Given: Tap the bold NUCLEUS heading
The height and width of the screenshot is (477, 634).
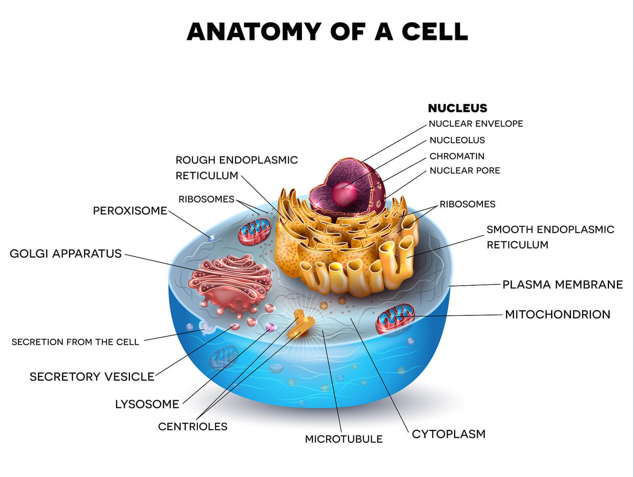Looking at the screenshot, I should [x=457, y=108].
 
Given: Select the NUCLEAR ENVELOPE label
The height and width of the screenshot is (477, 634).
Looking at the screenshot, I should [x=476, y=124].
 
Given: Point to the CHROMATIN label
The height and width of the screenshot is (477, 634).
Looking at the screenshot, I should [x=457, y=156].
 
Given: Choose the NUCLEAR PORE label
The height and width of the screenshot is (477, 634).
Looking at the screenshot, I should [x=465, y=170].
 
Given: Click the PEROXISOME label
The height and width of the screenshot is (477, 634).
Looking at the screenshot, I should [x=130, y=211].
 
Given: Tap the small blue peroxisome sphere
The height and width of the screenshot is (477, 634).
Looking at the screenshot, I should [x=212, y=238].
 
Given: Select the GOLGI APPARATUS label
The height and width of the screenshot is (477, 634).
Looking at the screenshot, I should [x=65, y=254].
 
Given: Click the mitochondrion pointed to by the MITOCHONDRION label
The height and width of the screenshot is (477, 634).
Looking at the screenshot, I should [x=395, y=318].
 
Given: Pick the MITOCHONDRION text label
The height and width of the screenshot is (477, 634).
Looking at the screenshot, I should [x=558, y=315].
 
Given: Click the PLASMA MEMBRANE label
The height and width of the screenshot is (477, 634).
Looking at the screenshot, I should [x=562, y=284].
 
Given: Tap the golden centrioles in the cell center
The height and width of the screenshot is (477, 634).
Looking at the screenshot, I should [x=301, y=324].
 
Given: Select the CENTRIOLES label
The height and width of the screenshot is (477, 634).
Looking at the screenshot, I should [x=193, y=427].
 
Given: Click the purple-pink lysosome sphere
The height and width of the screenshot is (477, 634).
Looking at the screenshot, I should [x=270, y=327].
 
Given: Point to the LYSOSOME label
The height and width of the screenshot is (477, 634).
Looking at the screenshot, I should [x=147, y=404].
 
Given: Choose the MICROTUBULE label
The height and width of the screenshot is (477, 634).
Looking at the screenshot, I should [x=344, y=439].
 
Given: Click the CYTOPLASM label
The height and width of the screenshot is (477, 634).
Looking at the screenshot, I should [x=449, y=434].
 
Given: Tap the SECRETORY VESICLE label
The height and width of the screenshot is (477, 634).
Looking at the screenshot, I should [x=92, y=376].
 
